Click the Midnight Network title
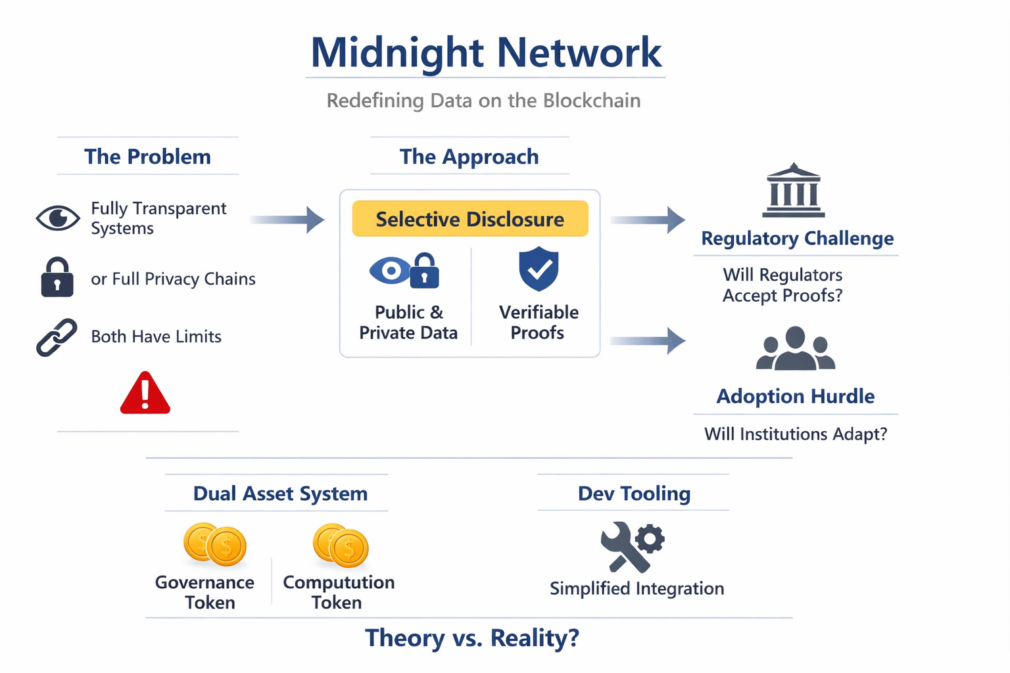pos(485,52)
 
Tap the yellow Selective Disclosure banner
pos(470,219)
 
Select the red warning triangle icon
pos(145,394)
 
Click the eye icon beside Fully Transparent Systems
pos(58,218)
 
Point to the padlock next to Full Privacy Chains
pos(57,277)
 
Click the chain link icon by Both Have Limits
pos(57,337)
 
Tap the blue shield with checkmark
pos(539,269)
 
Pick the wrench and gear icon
pos(632,546)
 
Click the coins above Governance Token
pos(214,544)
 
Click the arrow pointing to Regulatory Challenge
pos(648,220)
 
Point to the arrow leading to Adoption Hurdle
pos(648,340)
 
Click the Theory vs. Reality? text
pos(472,638)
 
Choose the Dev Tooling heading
pos(634,494)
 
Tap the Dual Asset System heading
pos(280,494)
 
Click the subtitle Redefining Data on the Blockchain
pos(483,101)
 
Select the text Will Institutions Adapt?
pos(796,434)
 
